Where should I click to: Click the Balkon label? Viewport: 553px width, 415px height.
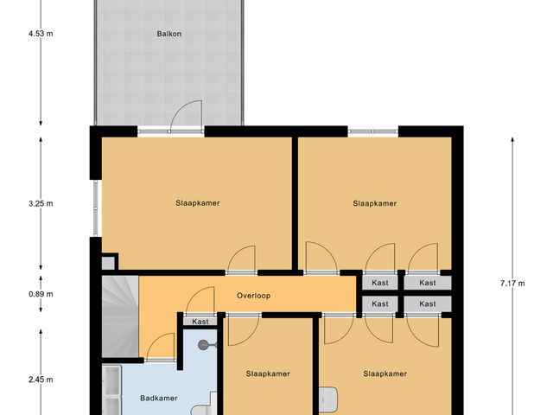169,35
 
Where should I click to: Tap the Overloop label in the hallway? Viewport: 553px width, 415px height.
254,296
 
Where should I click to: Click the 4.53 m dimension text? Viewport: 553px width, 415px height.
40,35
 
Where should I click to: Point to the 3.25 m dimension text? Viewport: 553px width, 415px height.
40,204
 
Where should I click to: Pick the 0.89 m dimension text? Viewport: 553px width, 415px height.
40,294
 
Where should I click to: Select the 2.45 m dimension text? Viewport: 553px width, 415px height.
40,380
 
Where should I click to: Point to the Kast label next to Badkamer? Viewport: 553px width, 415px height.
200,322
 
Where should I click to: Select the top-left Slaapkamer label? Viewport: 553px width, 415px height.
197,203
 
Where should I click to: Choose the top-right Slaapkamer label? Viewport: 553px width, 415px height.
374,203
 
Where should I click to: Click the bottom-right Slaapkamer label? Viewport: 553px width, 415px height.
385,374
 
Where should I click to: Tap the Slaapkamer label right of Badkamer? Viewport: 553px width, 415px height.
268,374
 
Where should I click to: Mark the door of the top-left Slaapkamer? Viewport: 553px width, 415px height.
241,259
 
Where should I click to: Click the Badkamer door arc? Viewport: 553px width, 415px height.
162,348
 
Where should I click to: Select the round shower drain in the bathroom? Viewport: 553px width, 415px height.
204,344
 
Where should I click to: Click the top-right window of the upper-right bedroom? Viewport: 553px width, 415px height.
373,131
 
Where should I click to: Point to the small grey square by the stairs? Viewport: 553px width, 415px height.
108,262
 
